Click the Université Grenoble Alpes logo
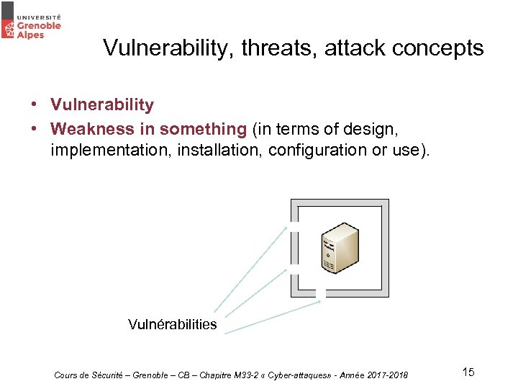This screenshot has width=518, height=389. click(32, 21)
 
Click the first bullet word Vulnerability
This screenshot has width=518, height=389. click(102, 105)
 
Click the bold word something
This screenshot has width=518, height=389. click(203, 130)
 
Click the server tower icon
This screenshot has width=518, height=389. click(340, 248)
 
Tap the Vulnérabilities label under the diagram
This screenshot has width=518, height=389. click(172, 325)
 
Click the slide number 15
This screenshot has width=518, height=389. click(468, 372)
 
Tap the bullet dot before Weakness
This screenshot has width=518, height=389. click(35, 130)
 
